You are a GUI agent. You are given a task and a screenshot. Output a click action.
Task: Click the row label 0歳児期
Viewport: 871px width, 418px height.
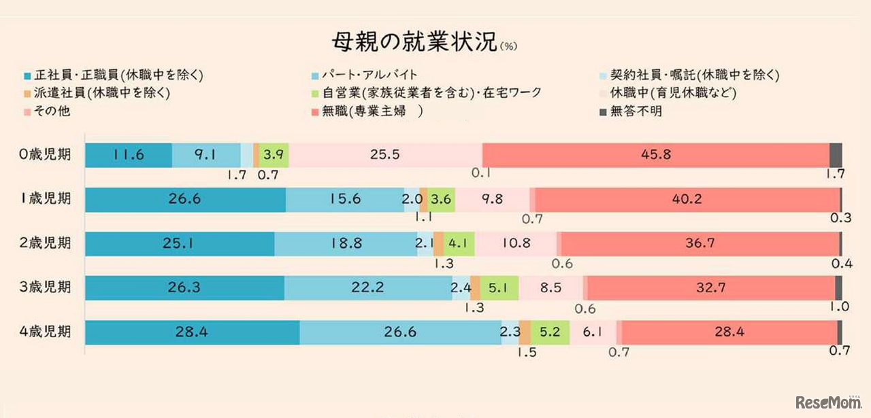click(45, 155)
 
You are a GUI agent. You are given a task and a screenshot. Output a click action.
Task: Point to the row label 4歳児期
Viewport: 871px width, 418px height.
click(45, 332)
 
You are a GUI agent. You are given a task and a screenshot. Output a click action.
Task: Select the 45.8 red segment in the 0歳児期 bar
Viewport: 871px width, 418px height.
click(655, 155)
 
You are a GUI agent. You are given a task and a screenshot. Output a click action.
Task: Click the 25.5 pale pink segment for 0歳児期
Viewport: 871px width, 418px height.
click(384, 155)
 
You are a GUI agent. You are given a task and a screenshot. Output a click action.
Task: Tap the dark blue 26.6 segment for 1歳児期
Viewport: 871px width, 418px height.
click(185, 200)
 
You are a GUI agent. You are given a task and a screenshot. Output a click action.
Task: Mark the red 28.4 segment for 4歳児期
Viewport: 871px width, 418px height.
click(729, 332)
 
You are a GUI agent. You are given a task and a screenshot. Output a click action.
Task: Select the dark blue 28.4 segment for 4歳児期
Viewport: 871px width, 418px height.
click(192, 332)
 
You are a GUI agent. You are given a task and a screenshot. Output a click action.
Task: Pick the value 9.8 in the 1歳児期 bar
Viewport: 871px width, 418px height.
click(492, 200)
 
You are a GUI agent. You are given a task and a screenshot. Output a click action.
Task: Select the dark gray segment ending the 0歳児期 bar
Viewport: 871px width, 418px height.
click(836, 155)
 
